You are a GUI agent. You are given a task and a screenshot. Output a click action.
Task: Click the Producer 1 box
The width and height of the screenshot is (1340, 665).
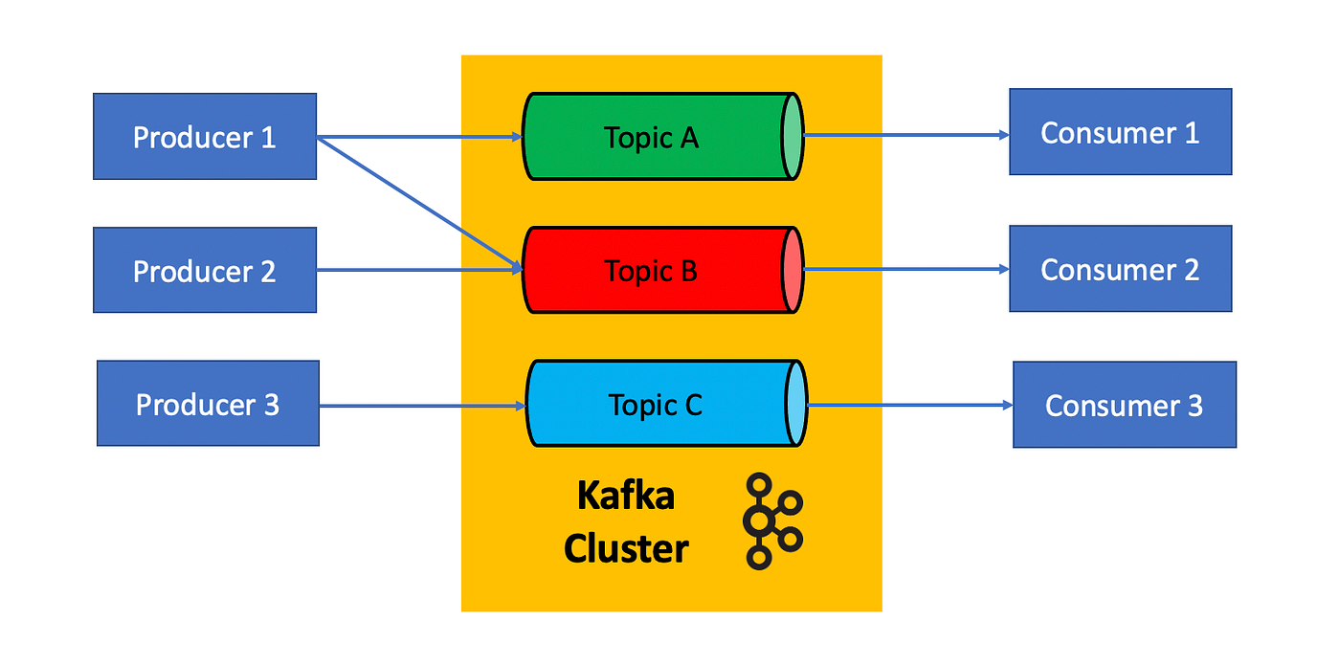pyautogui.click(x=204, y=137)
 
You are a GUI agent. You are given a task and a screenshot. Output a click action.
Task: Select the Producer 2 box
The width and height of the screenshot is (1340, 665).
pyautogui.click(x=204, y=271)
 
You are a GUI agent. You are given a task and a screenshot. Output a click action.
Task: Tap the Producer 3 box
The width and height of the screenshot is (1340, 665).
pyautogui.click(x=208, y=404)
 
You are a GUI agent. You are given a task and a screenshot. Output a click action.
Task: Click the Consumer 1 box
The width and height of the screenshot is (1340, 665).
pyautogui.click(x=1120, y=132)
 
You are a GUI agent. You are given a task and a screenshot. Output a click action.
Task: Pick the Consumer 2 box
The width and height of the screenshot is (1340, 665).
pyautogui.click(x=1120, y=269)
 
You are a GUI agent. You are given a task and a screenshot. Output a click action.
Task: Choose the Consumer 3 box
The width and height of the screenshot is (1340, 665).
pyautogui.click(x=1124, y=405)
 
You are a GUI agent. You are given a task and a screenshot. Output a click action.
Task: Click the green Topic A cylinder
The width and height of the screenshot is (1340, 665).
pyautogui.click(x=652, y=137)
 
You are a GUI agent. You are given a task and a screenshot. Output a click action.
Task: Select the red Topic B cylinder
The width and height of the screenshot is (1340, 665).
pyautogui.click(x=652, y=271)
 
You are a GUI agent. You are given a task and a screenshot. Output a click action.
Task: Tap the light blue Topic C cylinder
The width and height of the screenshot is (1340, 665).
pyautogui.click(x=656, y=404)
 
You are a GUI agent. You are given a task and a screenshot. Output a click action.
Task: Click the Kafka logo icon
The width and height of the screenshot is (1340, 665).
pyautogui.click(x=770, y=521)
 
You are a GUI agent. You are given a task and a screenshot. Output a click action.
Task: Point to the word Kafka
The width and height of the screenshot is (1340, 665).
pyautogui.click(x=626, y=497)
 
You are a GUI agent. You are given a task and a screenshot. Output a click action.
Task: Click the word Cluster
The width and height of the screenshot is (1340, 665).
pyautogui.click(x=626, y=549)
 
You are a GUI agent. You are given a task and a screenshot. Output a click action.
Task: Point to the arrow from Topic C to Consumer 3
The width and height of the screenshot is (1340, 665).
pyautogui.click(x=909, y=406)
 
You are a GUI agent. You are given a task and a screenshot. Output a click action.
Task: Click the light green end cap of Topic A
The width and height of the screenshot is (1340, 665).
pyautogui.click(x=791, y=137)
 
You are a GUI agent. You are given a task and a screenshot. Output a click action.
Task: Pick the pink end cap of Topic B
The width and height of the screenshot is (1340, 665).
pyautogui.click(x=792, y=271)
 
